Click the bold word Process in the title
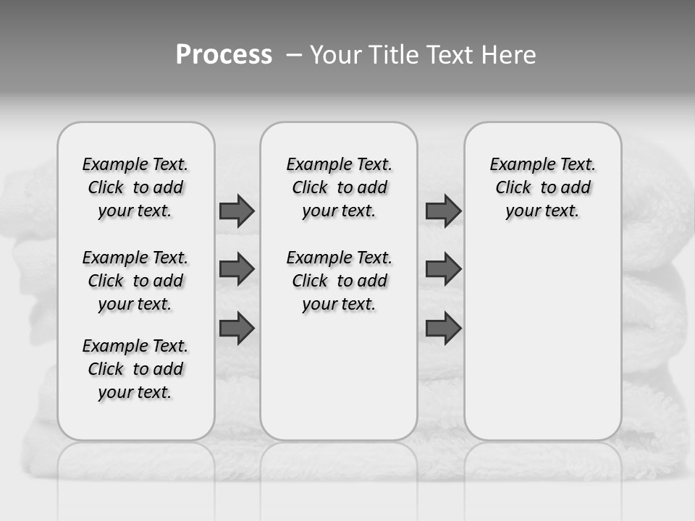pos(224,54)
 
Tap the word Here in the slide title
pos(510,55)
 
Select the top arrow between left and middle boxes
pos(237,211)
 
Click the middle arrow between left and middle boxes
pos(237,269)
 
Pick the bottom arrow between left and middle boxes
pos(237,328)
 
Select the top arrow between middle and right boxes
pos(443,211)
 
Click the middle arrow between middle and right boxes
pos(443,269)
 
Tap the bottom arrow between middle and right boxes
pos(443,328)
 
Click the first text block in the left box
pos(135,187)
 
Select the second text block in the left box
pos(135,281)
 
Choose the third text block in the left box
pos(135,369)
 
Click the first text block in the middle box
pos(339,187)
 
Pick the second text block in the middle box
pos(339,281)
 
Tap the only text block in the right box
pos(542,187)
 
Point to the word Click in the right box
pos(513,188)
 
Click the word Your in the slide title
pos(337,55)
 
